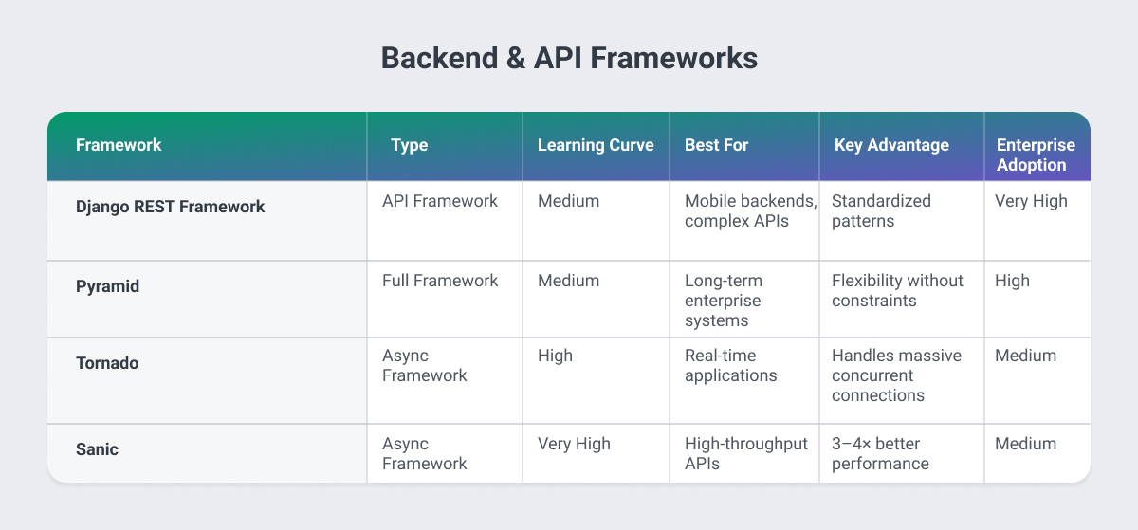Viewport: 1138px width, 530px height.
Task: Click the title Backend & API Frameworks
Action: pyautogui.click(x=569, y=58)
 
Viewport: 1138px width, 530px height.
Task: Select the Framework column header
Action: pyautogui.click(x=119, y=145)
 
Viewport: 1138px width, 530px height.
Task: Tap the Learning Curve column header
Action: pyautogui.click(x=596, y=145)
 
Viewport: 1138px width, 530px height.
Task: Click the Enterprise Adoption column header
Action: pyautogui.click(x=1036, y=155)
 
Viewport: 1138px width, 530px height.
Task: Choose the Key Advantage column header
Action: pyautogui.click(x=891, y=145)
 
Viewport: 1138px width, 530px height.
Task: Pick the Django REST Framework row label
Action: pyautogui.click(x=170, y=207)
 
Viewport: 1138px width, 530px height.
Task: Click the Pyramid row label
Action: pyautogui.click(x=107, y=285)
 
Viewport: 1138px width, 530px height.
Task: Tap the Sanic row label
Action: pyautogui.click(x=97, y=449)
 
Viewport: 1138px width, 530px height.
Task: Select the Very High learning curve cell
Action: pyautogui.click(x=574, y=444)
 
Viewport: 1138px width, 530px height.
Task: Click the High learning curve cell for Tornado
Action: pyautogui.click(x=555, y=356)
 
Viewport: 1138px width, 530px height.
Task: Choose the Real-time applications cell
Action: pyautogui.click(x=731, y=365)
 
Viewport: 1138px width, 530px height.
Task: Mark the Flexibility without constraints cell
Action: pyautogui.click(x=897, y=290)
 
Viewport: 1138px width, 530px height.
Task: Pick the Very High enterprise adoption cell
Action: pyautogui.click(x=1031, y=201)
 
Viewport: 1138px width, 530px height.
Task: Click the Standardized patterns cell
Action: pyautogui.click(x=881, y=210)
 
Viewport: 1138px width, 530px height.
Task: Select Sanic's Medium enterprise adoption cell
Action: pyautogui.click(x=1025, y=444)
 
